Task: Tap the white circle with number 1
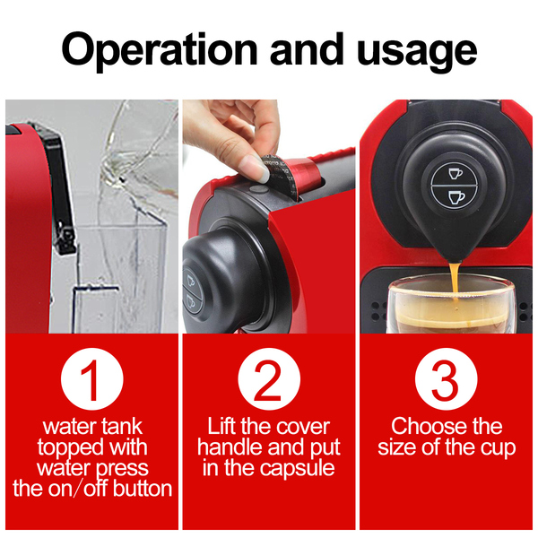91,378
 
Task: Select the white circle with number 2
269,378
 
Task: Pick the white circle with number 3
446,378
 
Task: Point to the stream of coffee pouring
455,280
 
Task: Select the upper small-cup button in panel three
455,173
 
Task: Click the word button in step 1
143,489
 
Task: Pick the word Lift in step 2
222,427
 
